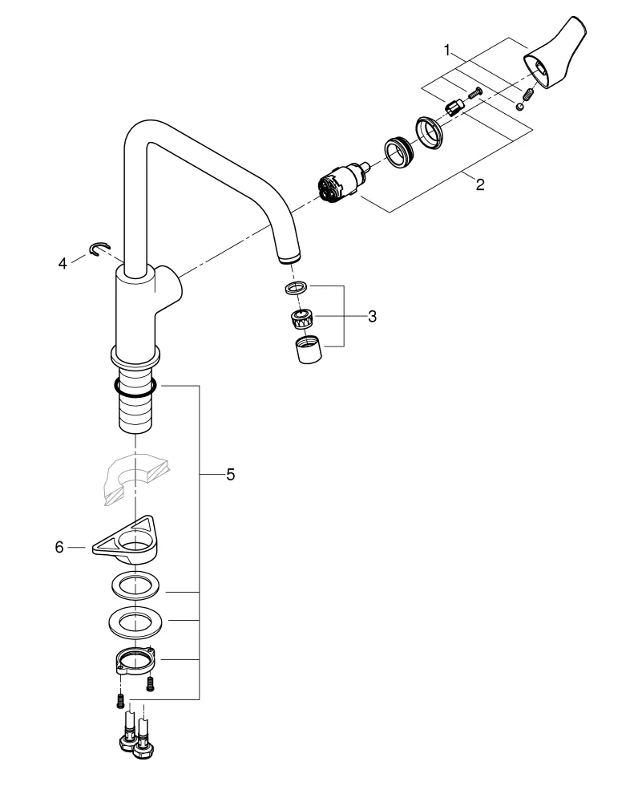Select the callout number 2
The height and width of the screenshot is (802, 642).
click(x=479, y=184)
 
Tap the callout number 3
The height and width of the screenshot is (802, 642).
click(x=372, y=316)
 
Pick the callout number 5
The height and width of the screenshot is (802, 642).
click(x=229, y=475)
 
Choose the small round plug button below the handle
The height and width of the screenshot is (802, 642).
click(x=520, y=103)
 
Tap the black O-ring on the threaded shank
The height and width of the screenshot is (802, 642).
click(x=135, y=389)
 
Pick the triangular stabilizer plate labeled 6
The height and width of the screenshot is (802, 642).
click(x=132, y=543)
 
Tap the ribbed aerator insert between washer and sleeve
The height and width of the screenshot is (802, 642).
click(x=301, y=318)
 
